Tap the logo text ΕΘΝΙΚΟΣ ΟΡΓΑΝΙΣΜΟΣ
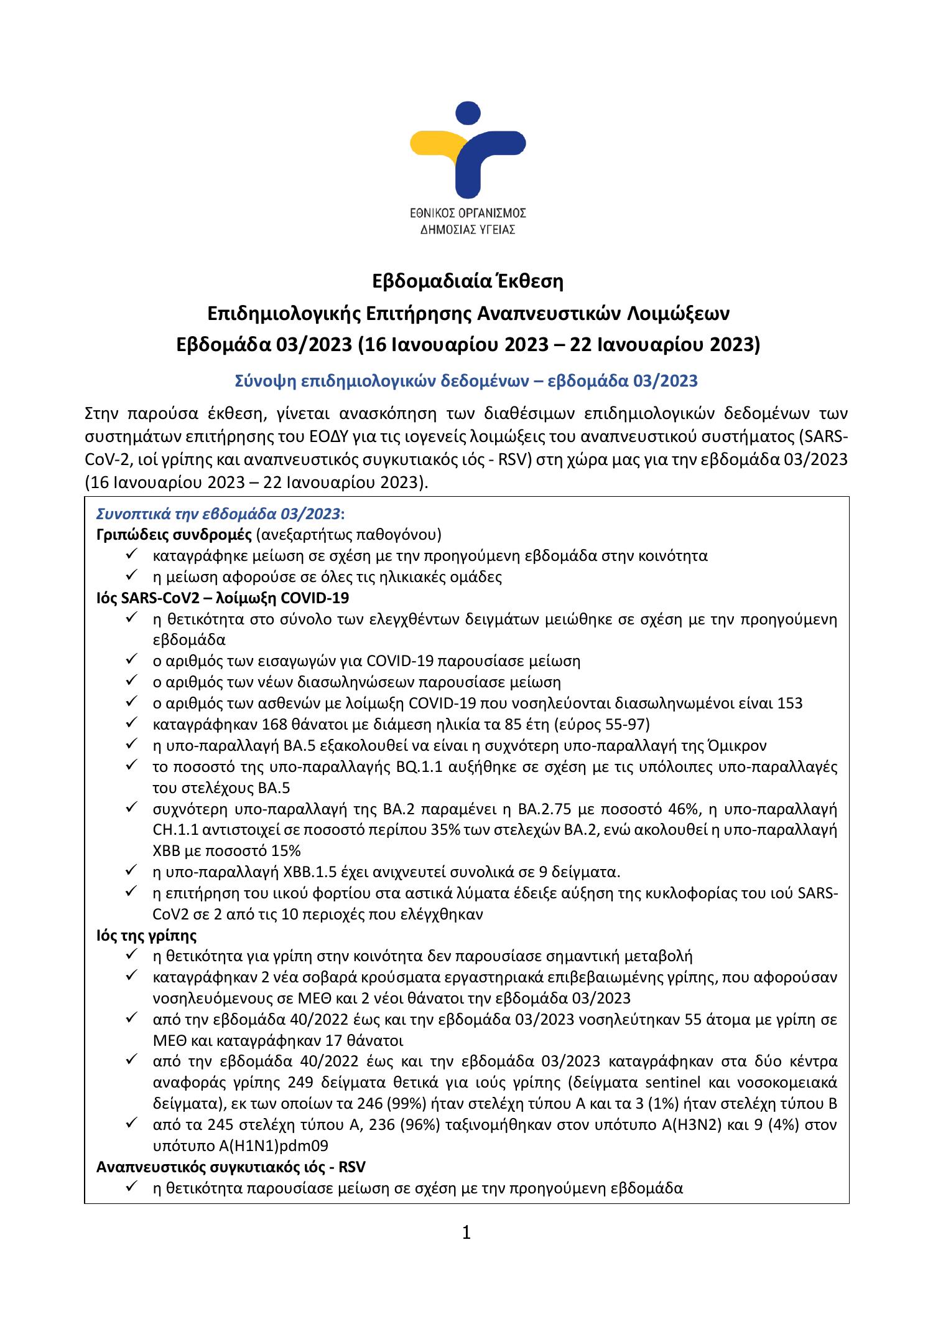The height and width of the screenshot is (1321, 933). [x=466, y=213]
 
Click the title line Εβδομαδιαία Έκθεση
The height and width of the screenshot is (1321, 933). [x=467, y=281]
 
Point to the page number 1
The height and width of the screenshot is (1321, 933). [x=466, y=1232]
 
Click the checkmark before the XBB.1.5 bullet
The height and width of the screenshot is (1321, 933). [x=131, y=871]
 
